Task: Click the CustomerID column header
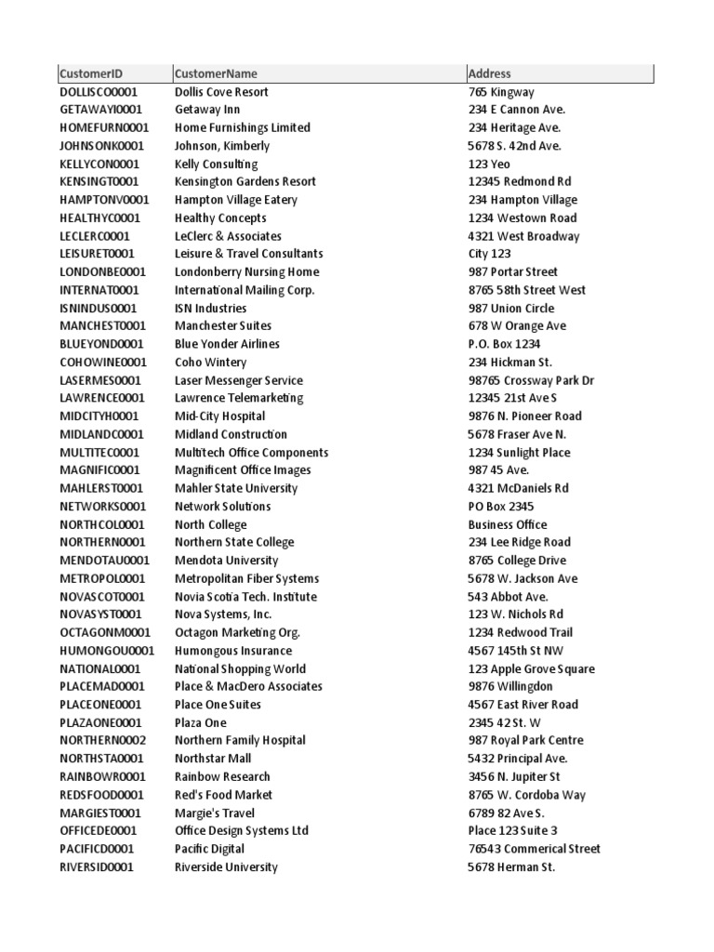[x=91, y=73]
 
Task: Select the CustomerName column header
[x=217, y=73]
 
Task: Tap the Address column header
[x=490, y=73]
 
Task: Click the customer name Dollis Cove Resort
[x=221, y=92]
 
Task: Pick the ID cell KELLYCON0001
[x=99, y=164]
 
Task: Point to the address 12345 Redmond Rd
[x=520, y=181]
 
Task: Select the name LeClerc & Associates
[x=228, y=236]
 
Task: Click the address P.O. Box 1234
[x=504, y=344]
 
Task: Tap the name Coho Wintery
[x=211, y=362]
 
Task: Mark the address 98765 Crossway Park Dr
[x=531, y=380]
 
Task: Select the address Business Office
[x=508, y=524]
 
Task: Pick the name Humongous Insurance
[x=233, y=651]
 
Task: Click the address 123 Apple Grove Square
[x=532, y=668]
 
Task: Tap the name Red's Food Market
[x=224, y=795]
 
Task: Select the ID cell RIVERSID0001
[x=97, y=866]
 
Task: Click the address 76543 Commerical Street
[x=535, y=849]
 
